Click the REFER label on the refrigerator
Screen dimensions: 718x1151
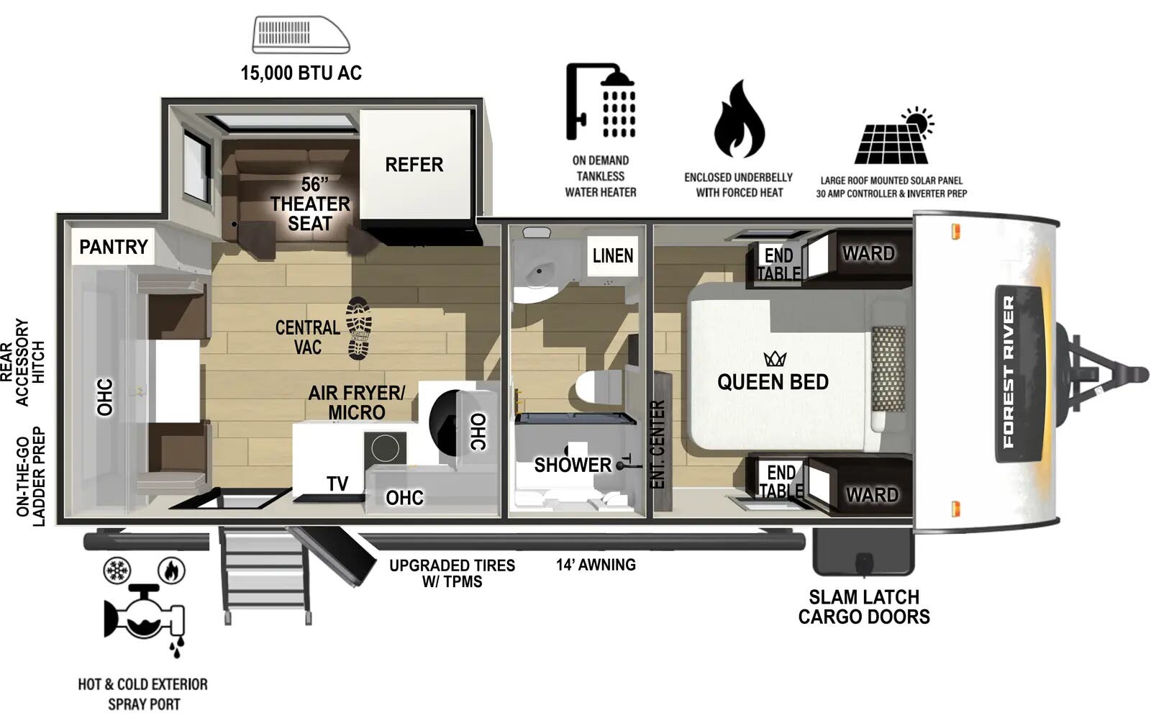[x=414, y=165]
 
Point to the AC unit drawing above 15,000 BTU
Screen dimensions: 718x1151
[x=301, y=35]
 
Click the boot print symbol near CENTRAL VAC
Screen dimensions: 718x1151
[x=358, y=328]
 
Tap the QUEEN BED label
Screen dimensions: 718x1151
[x=773, y=382]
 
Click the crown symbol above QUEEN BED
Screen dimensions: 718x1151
[x=775, y=358]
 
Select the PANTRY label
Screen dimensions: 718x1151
[x=113, y=247]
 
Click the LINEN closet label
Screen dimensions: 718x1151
[x=612, y=255]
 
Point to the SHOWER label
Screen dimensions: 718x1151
[x=572, y=465]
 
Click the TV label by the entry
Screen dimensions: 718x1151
[x=337, y=484]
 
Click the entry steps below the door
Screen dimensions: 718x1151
[x=266, y=576]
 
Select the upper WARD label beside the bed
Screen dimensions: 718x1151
[x=868, y=253]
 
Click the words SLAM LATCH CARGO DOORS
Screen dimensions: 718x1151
[x=863, y=606]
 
